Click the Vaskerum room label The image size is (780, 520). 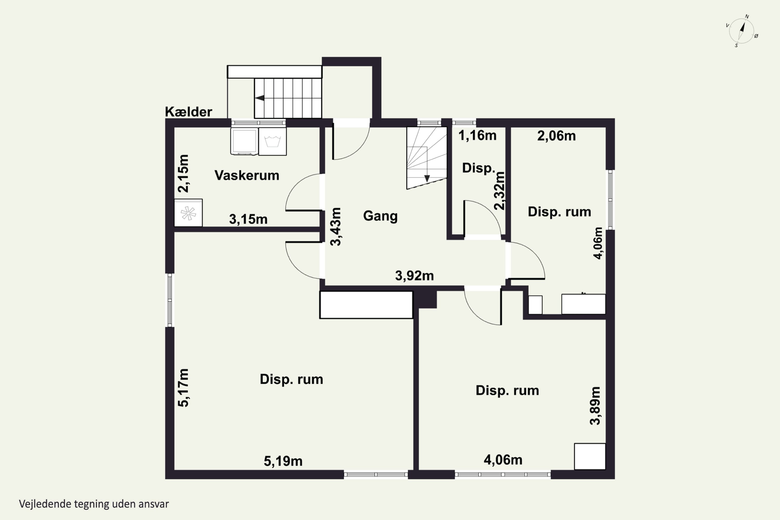247,175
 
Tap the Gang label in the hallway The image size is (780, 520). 380,216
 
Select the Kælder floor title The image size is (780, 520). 188,112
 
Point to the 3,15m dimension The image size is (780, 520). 248,219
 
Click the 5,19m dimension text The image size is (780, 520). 283,461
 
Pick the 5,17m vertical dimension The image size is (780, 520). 183,388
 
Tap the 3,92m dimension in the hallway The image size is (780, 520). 414,276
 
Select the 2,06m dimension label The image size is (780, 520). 556,136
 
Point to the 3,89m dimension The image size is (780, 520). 595,406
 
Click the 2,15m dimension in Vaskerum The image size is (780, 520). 183,173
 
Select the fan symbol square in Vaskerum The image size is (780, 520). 188,213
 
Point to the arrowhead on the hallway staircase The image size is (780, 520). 427,178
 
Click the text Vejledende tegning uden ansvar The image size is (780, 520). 94,504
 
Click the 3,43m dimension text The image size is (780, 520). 336,226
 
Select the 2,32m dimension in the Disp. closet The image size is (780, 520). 499,191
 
